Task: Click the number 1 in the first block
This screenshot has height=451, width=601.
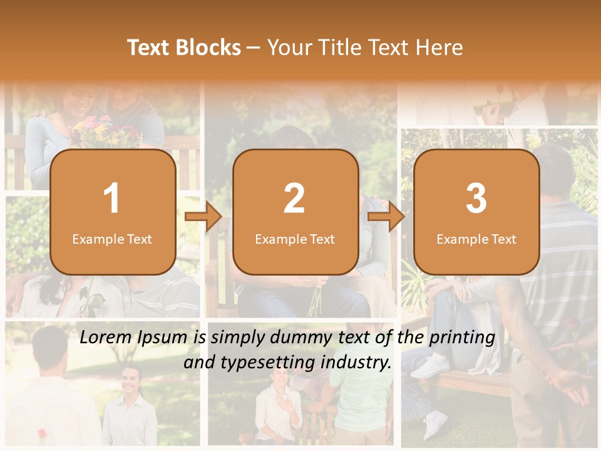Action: click(x=111, y=199)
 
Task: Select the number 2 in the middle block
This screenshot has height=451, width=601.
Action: click(x=294, y=199)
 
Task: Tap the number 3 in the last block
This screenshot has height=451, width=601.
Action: click(x=476, y=199)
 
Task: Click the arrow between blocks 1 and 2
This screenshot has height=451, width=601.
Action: click(x=203, y=217)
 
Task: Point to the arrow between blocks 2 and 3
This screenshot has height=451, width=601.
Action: click(x=386, y=217)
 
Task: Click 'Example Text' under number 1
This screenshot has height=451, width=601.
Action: click(x=112, y=239)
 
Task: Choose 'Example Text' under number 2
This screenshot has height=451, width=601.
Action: click(x=295, y=239)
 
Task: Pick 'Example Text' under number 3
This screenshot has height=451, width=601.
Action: click(x=476, y=239)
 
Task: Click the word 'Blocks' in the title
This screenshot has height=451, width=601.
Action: click(x=208, y=48)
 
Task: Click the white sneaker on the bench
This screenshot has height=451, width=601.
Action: click(x=432, y=366)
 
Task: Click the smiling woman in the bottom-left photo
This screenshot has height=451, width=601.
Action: click(x=131, y=407)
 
